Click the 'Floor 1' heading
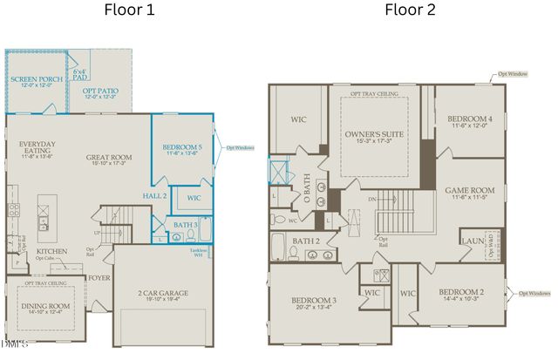pos(129,11)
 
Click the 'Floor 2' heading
pos(412,11)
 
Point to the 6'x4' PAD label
pos(81,74)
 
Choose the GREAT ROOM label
pos(109,159)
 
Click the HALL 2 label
pos(153,197)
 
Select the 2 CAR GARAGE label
pos(163,293)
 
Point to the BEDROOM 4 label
pos(470,119)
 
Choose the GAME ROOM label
pos(469,190)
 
